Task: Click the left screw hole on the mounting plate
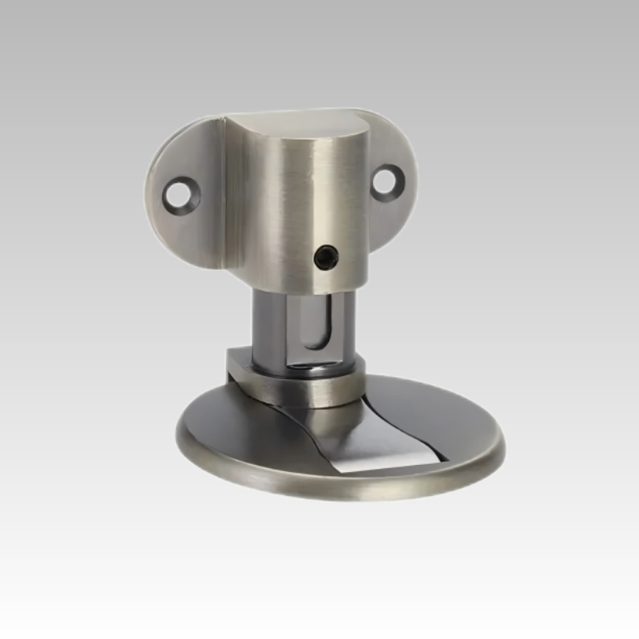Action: (181, 195)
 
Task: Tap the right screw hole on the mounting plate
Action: (388, 182)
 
